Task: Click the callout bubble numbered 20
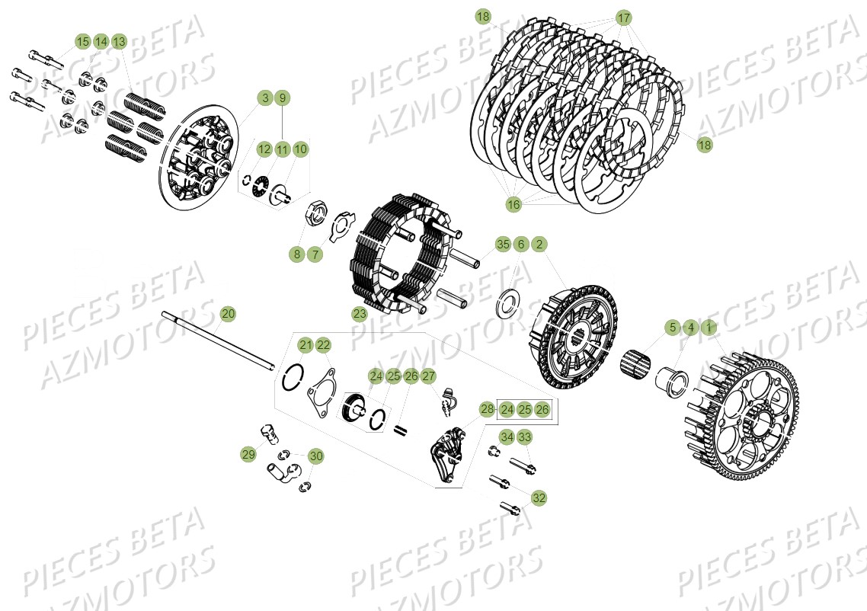tap(228, 313)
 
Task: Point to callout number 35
tap(503, 245)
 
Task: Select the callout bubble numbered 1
tap(709, 328)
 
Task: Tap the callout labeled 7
tap(315, 254)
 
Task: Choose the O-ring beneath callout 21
tap(294, 377)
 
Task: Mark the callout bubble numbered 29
tap(248, 455)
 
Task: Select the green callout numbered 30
tap(315, 456)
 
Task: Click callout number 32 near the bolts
tap(539, 497)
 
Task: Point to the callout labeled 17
tap(624, 18)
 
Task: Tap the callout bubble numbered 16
tap(513, 204)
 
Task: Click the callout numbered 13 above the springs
tap(119, 41)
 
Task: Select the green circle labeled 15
tap(82, 41)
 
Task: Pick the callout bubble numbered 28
tap(488, 410)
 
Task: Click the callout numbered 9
tap(282, 98)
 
